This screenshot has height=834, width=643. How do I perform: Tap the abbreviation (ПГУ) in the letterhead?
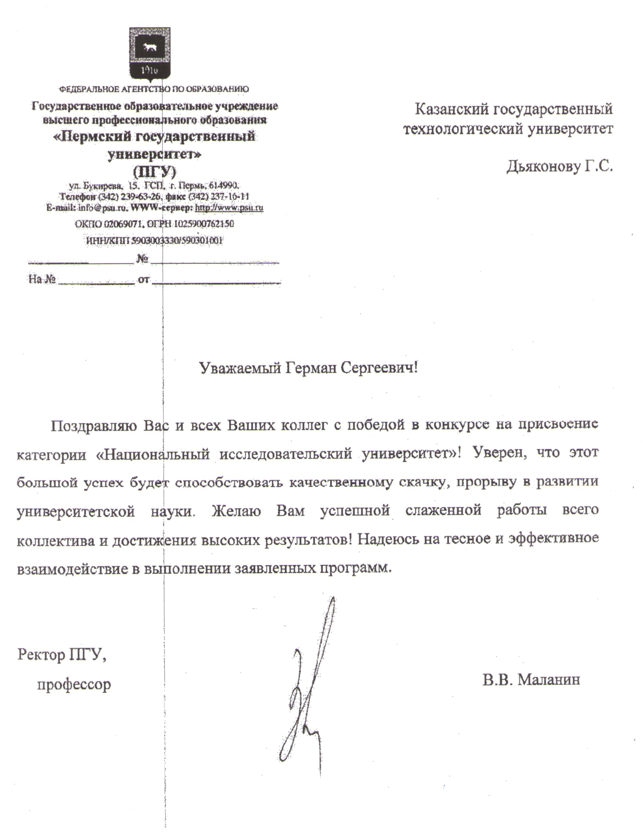(x=154, y=171)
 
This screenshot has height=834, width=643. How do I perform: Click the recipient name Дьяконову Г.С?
(x=560, y=167)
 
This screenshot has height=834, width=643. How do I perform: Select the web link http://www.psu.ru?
(x=229, y=208)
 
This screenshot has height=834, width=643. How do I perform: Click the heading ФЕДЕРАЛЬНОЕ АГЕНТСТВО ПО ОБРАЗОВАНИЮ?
(x=154, y=89)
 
